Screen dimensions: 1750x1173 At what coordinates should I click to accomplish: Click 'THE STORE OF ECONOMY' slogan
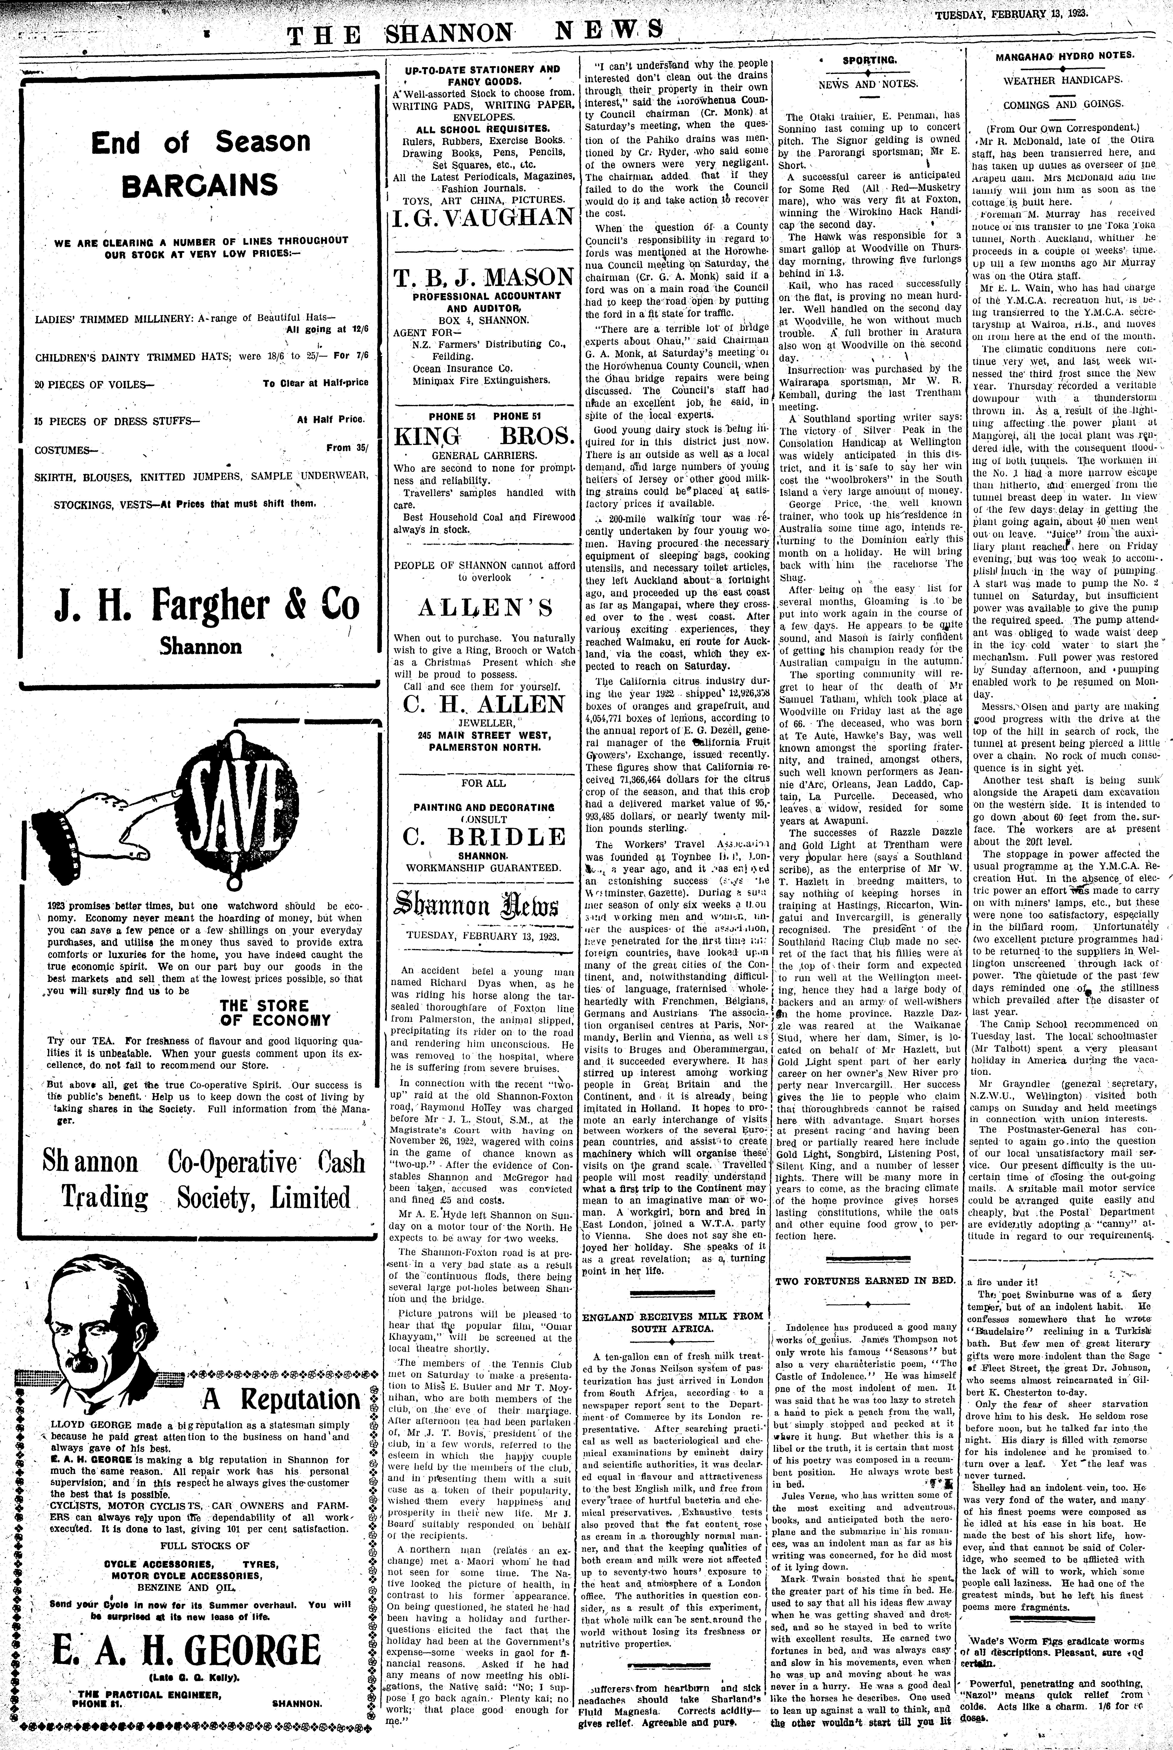[274, 1012]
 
